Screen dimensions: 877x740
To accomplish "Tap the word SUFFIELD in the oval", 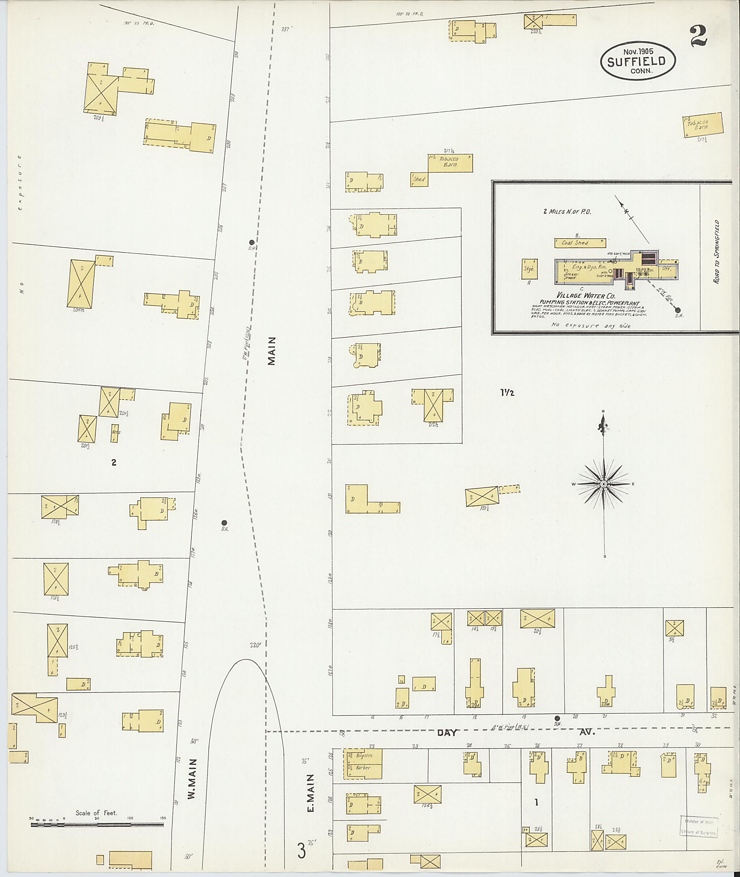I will (x=636, y=62).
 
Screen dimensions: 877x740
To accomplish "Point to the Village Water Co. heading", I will (x=581, y=296).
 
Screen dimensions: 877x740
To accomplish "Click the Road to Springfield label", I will (x=717, y=252).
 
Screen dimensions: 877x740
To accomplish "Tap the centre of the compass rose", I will (x=603, y=484).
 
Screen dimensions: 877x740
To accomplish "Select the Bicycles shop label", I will (x=363, y=755).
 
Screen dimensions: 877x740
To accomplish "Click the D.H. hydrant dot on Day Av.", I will (x=557, y=718).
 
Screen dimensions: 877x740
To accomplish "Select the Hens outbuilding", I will (x=115, y=433).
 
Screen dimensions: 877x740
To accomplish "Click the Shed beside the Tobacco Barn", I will (x=419, y=179).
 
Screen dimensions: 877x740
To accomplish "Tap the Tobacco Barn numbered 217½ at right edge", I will (x=702, y=125).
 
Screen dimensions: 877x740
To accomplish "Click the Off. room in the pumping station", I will (x=667, y=269).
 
